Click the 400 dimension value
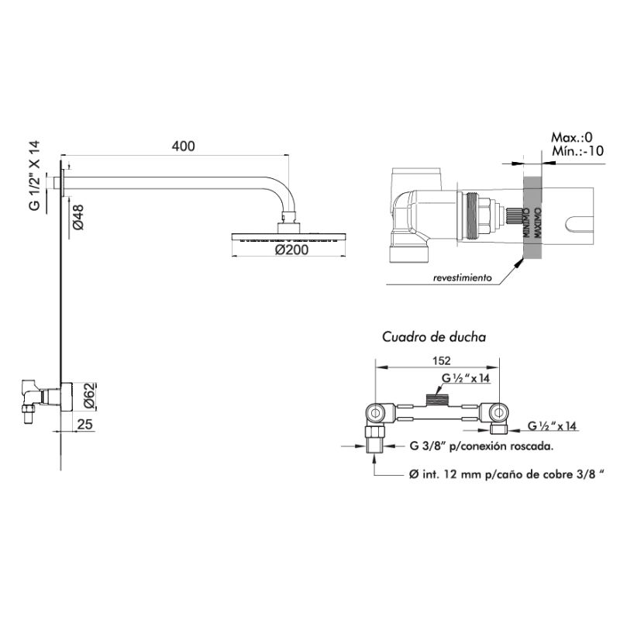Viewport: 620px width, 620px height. tap(184, 146)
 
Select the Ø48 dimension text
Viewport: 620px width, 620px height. tap(78, 215)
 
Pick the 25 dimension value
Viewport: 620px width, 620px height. tap(85, 424)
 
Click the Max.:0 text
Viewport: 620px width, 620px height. tap(571, 137)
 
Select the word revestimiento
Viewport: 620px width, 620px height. tap(462, 277)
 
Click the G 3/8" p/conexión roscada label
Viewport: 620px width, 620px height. tap(480, 446)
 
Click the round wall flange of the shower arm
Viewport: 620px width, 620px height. tap(60, 184)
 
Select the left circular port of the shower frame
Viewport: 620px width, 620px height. tap(374, 412)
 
